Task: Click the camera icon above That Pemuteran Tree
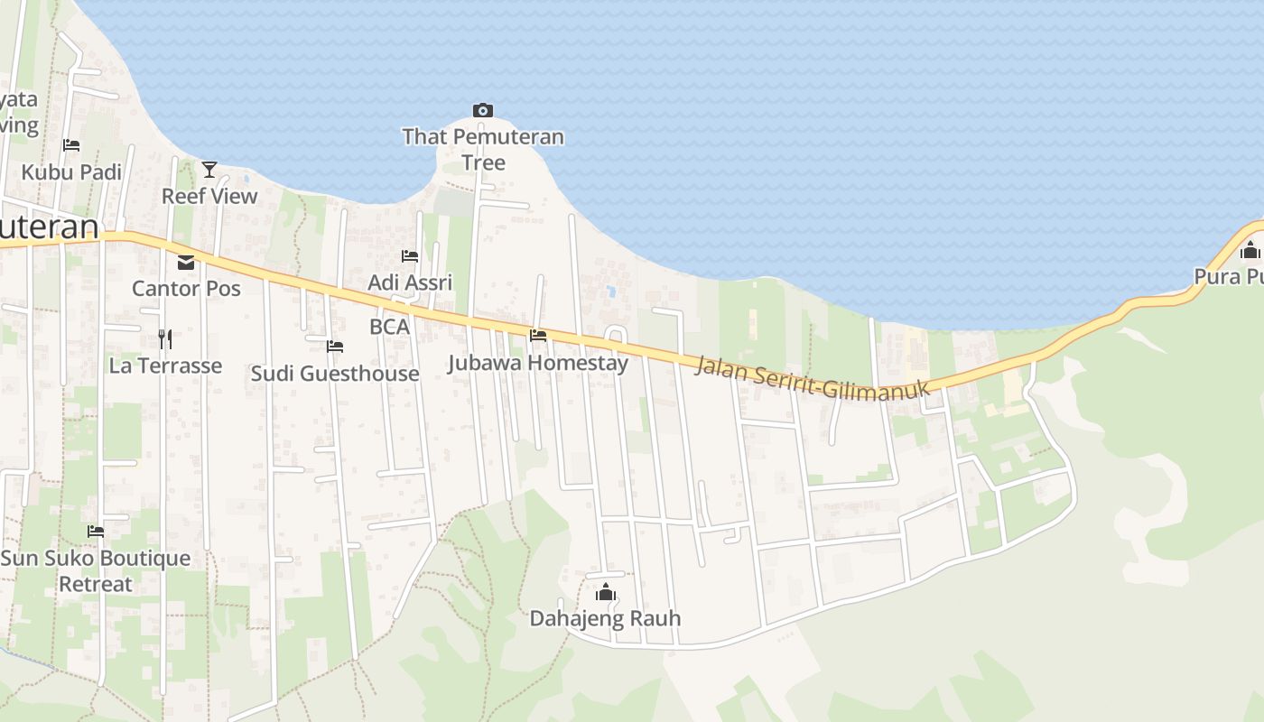click(x=483, y=111)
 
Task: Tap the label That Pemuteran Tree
click(x=483, y=150)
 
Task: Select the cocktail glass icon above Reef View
click(x=209, y=169)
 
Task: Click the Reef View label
click(x=209, y=196)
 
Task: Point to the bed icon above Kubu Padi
click(x=71, y=145)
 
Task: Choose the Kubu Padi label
click(x=71, y=172)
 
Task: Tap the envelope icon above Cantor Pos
click(x=186, y=263)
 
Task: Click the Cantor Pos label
click(x=186, y=289)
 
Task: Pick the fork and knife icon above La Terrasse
click(x=165, y=339)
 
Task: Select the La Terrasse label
click(x=165, y=366)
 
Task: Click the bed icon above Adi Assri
click(x=410, y=256)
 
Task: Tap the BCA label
click(x=390, y=327)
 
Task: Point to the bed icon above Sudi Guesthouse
click(x=335, y=347)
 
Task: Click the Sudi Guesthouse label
click(x=335, y=374)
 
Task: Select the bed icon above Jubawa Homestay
click(x=538, y=336)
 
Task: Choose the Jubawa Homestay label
click(x=538, y=364)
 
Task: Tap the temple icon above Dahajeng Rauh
click(x=605, y=592)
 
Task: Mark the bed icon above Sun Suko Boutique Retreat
click(x=96, y=531)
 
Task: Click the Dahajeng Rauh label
click(x=605, y=619)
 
